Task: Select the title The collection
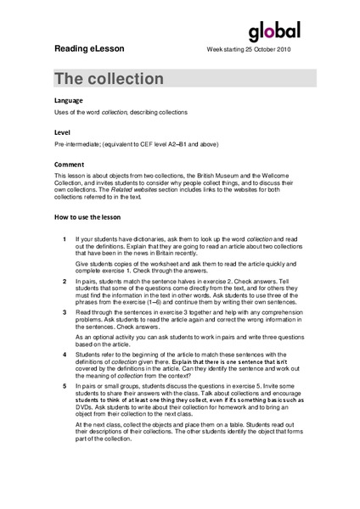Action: coord(110,79)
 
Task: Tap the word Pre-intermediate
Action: coord(81,144)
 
